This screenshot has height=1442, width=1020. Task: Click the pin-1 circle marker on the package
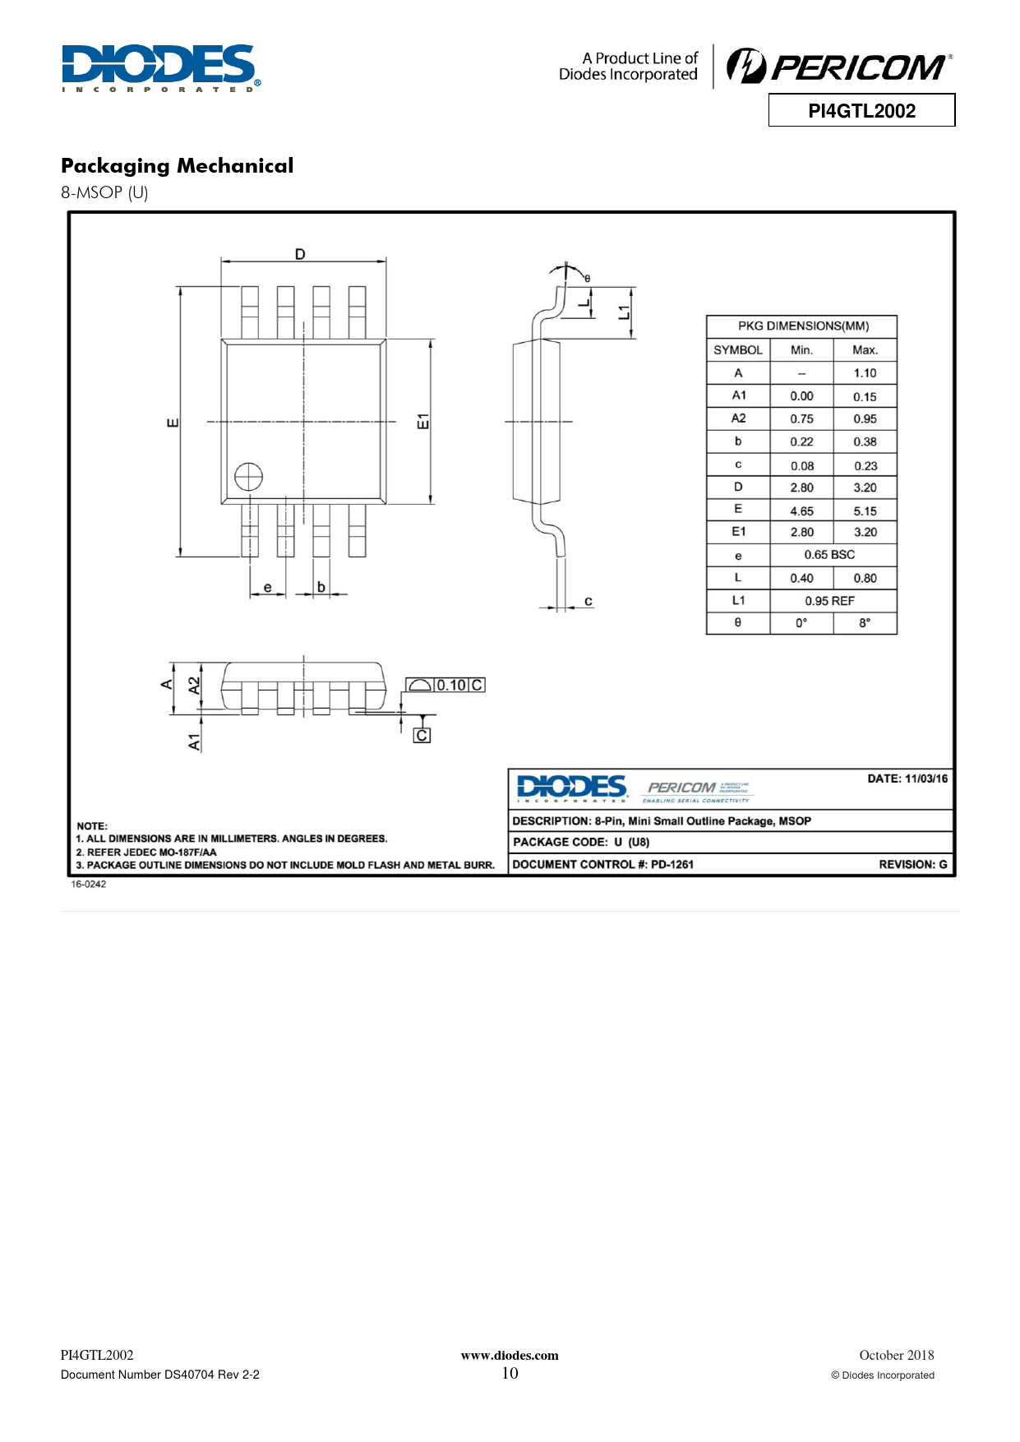248,477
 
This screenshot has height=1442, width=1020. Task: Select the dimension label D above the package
300,254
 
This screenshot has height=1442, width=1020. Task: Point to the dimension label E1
422,422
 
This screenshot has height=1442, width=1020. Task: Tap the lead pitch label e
268,587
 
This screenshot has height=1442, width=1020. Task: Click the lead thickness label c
588,601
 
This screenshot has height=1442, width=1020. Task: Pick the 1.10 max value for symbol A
865,372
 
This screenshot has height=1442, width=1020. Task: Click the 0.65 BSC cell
829,554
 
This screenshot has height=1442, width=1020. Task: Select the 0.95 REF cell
829,601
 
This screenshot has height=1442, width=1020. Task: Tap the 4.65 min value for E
801,511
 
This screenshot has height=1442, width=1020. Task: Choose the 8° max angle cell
865,623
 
